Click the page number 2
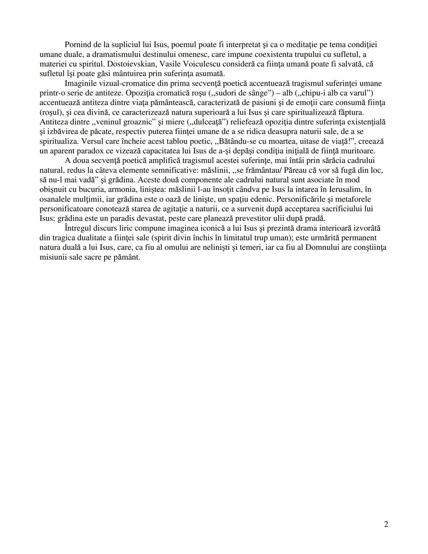click(386, 524)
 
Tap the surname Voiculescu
click(214, 64)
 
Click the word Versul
click(92, 141)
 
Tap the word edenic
click(262, 199)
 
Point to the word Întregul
click(78, 228)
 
